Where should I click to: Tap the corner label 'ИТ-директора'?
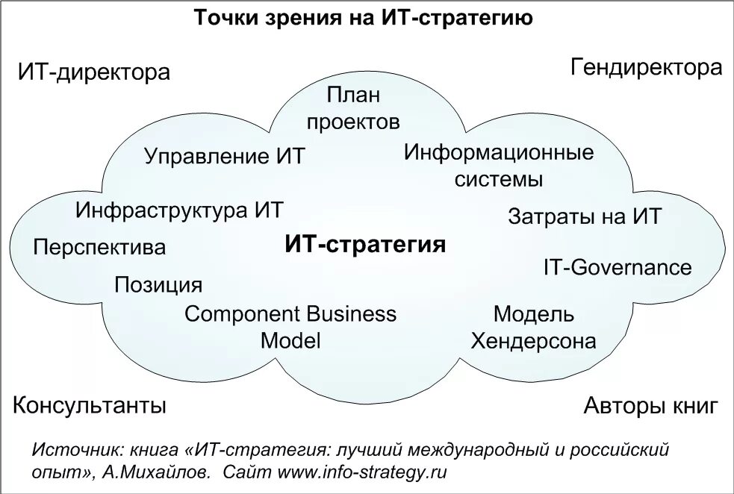pyautogui.click(x=94, y=73)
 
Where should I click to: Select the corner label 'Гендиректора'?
pyautogui.click(x=647, y=69)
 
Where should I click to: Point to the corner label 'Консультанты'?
pyautogui.click(x=90, y=406)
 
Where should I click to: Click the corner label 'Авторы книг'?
pyautogui.click(x=650, y=407)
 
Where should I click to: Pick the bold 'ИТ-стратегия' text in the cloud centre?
pyautogui.click(x=365, y=245)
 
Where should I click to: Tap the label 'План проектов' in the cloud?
pyautogui.click(x=353, y=108)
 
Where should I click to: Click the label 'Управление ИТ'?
pyautogui.click(x=225, y=157)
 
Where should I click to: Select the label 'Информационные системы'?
pyautogui.click(x=499, y=166)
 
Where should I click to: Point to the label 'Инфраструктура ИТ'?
pyautogui.click(x=179, y=210)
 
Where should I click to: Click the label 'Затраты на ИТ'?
pyautogui.click(x=585, y=217)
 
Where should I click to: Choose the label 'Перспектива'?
pyautogui.click(x=99, y=247)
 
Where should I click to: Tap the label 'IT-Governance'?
pyautogui.click(x=618, y=267)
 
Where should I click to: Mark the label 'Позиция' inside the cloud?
pyautogui.click(x=158, y=285)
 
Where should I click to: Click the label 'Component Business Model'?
pyautogui.click(x=290, y=327)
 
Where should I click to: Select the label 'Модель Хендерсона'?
pyautogui.click(x=533, y=328)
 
